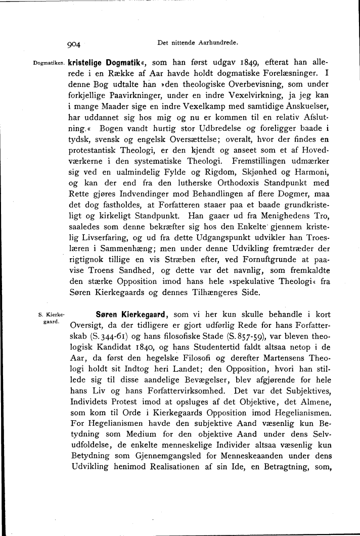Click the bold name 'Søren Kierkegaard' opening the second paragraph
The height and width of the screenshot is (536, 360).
[131, 314]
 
